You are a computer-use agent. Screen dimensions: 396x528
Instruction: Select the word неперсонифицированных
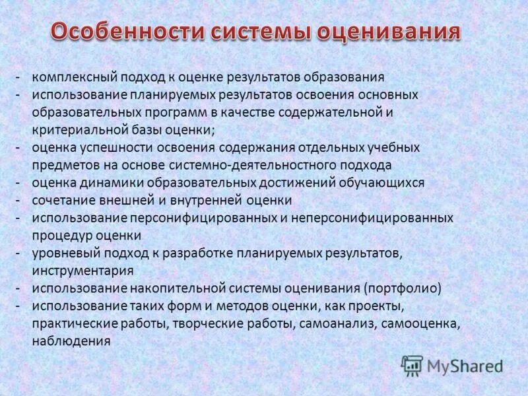(x=376, y=217)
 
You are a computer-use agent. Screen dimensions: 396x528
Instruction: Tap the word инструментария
(x=82, y=271)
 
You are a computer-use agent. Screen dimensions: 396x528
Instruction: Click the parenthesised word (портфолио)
(x=401, y=288)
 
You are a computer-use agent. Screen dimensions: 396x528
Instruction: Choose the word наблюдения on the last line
(x=71, y=341)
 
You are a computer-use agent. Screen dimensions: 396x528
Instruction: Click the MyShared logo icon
(x=412, y=365)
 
